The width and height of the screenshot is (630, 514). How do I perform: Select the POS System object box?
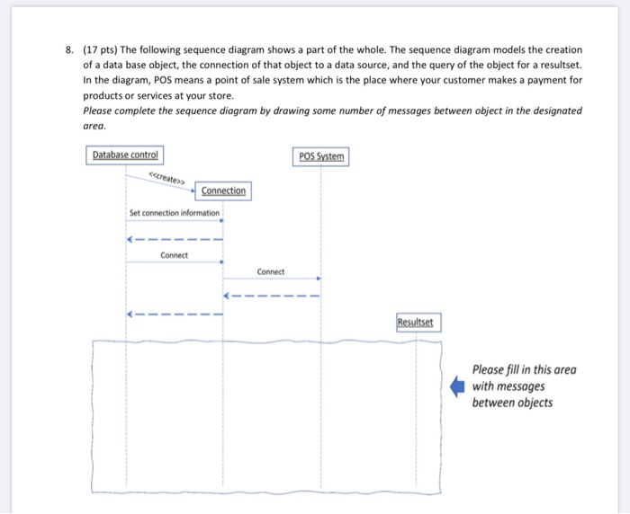320,156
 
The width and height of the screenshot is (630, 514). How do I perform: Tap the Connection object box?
223,191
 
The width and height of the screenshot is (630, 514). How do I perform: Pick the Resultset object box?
417,321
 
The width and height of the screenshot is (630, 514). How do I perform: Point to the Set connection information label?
174,213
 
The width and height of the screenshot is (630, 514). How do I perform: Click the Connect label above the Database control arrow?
174,255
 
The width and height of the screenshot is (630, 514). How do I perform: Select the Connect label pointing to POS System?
270,271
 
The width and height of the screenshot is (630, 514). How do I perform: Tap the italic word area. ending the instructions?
94,127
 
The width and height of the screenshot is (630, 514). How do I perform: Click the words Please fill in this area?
525,369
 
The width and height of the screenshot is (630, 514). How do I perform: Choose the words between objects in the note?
513,403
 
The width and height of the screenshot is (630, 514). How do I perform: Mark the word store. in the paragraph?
218,96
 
